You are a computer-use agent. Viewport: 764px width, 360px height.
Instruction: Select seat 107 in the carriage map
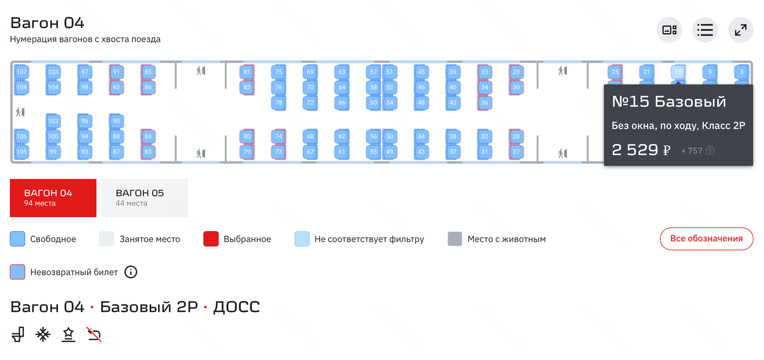point(22,72)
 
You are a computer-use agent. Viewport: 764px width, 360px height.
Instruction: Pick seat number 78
point(278,103)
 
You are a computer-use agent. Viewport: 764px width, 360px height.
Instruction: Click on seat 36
point(485,103)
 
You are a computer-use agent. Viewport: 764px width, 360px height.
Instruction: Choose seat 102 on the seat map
point(53,121)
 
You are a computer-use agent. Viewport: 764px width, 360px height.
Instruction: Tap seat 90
point(117,121)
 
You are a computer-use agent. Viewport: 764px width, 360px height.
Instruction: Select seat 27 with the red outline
point(516,152)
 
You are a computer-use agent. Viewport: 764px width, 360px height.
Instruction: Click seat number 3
point(741,72)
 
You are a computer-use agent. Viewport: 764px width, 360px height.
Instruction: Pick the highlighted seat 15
point(678,72)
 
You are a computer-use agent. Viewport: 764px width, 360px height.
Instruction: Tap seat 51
point(390,72)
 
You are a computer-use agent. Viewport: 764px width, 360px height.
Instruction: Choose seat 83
point(148,152)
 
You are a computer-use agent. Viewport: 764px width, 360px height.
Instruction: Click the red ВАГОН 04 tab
point(53,198)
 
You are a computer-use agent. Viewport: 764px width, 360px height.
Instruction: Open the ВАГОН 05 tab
point(145,198)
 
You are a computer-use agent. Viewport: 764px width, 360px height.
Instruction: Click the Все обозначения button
point(706,239)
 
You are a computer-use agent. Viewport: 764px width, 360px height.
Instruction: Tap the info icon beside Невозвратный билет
point(131,272)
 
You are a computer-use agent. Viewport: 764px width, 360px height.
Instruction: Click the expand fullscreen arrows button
point(740,30)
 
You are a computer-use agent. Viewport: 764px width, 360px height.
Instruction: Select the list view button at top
point(705,30)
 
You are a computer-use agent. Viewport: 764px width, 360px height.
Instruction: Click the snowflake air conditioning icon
point(43,334)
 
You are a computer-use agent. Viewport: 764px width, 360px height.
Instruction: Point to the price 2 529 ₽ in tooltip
point(641,150)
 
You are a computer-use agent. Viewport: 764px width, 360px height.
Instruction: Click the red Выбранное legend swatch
point(211,239)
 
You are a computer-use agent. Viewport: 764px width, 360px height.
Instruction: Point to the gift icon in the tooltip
point(710,150)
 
